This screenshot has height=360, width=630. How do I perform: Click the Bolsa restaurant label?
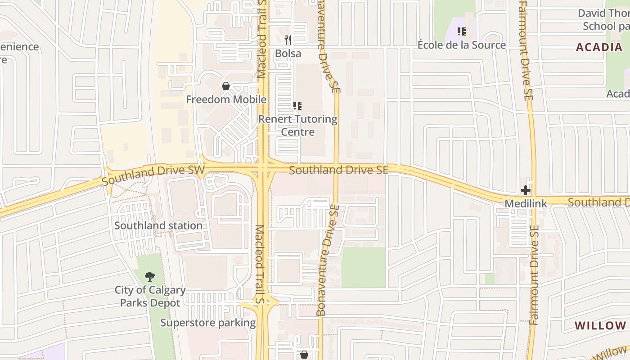click(x=288, y=53)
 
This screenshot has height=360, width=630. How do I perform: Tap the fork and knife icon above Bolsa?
click(x=288, y=40)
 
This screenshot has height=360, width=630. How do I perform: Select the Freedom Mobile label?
click(x=226, y=99)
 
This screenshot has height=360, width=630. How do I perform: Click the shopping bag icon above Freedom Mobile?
click(x=226, y=86)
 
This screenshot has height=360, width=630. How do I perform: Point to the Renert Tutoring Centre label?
click(x=298, y=126)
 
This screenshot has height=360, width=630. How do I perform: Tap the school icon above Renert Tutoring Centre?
click(x=297, y=106)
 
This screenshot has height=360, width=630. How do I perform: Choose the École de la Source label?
click(x=462, y=45)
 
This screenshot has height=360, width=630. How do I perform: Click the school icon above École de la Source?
click(x=461, y=31)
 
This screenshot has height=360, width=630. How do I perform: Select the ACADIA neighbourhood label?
click(x=599, y=47)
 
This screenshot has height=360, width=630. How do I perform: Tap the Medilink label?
click(x=526, y=203)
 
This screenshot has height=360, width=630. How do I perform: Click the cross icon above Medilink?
click(x=526, y=190)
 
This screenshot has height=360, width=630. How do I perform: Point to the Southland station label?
click(x=158, y=225)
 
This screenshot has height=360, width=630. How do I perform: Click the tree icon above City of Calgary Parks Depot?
click(x=149, y=277)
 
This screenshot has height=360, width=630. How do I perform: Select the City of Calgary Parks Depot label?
click(x=150, y=297)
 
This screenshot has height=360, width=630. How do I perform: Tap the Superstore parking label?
click(x=208, y=323)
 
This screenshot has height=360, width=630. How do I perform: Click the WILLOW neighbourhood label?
click(x=600, y=325)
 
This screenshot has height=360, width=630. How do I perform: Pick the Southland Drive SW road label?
click(x=153, y=175)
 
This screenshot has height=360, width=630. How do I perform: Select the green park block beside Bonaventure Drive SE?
click(x=363, y=267)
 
